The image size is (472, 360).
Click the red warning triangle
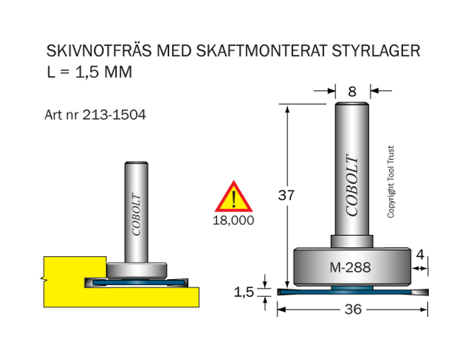(x=234, y=198)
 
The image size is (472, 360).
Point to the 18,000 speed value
(x=234, y=221)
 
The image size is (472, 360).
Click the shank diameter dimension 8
(x=353, y=91)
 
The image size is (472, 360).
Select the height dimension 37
(x=286, y=195)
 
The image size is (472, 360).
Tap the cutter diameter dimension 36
(x=352, y=309)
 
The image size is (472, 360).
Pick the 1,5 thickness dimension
(x=244, y=292)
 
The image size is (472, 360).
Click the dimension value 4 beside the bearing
(x=420, y=255)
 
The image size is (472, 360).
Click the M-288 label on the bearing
(x=350, y=267)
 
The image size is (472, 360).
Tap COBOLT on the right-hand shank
(x=352, y=185)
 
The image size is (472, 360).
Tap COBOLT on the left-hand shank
(x=136, y=214)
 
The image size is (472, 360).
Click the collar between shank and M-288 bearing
(x=352, y=241)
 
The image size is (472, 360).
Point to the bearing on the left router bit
(x=137, y=270)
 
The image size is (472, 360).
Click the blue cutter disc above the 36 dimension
(x=307, y=292)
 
